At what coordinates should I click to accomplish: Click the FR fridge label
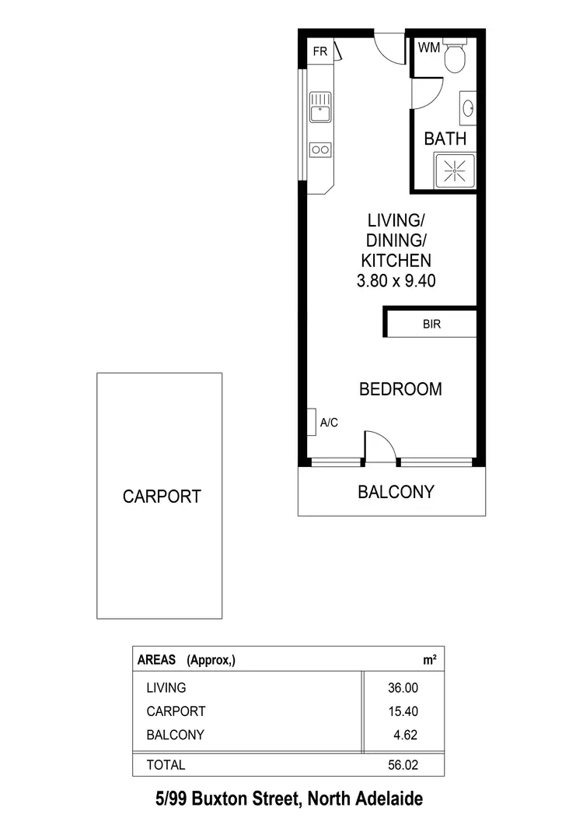pos(319,52)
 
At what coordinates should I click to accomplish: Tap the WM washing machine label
pos(428,47)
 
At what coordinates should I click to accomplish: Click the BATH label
pos(445,139)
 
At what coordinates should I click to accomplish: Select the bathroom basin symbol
pos(469,108)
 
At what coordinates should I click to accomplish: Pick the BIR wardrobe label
pos(431,325)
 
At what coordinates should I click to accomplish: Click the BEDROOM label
pos(400,389)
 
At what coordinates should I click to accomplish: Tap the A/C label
pos(329,423)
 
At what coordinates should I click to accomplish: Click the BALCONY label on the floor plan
pos(396,492)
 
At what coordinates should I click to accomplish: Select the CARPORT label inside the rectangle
pos(162,497)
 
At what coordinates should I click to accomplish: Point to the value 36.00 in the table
pos(403,688)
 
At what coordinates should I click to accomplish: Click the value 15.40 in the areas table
pos(403,711)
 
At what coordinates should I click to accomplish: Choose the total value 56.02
pos(403,765)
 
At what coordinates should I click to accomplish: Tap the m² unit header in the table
pos(429,660)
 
